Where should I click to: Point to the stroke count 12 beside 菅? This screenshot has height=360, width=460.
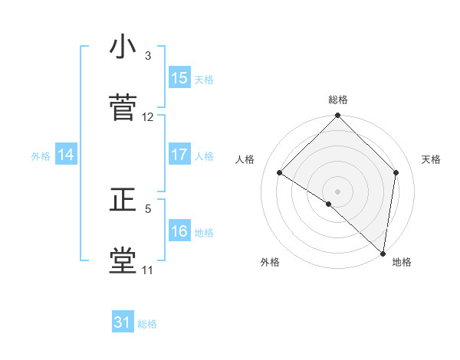148,117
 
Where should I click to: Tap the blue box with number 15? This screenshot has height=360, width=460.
179,78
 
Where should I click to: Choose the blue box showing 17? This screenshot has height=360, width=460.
179,155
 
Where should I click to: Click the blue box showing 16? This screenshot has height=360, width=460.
179,231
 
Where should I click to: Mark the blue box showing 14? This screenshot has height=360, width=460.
66,155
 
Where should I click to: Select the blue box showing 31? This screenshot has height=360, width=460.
123,323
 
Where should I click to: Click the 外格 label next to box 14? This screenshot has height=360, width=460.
41,155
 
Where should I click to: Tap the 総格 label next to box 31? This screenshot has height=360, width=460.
148,324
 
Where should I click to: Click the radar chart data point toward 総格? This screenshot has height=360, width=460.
337,117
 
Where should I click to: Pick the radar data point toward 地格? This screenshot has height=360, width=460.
383,253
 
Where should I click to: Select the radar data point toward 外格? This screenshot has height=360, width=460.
329,204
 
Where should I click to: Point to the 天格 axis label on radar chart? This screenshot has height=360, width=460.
432,159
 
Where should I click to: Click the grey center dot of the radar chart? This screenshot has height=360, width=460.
337,191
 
